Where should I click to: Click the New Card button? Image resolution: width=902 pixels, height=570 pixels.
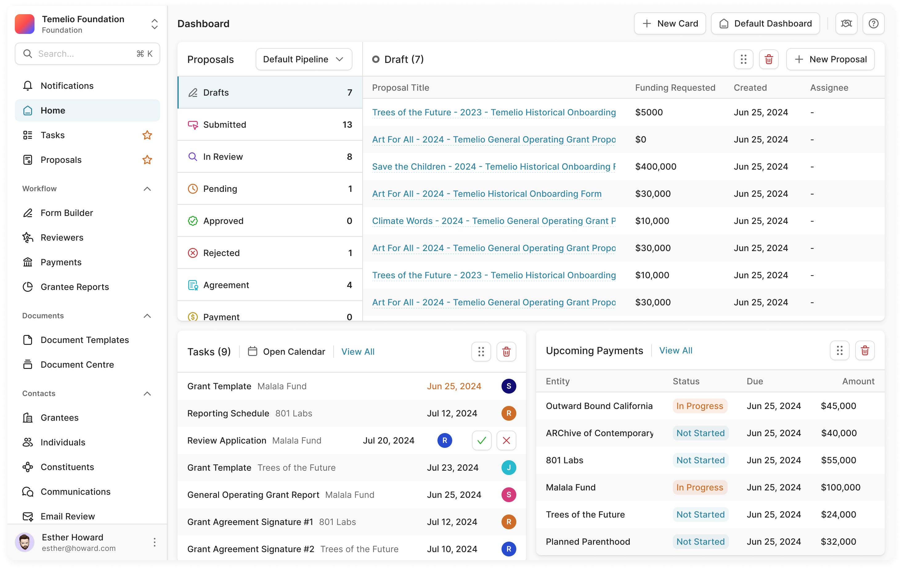coord(670,24)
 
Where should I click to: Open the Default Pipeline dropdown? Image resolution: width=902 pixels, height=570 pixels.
coord(303,59)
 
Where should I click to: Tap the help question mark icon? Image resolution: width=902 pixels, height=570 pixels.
coord(873,24)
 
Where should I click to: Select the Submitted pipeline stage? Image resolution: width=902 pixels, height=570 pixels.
coord(270,125)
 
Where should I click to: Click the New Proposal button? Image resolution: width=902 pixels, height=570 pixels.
coord(830,59)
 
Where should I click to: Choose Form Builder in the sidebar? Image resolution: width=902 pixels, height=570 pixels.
coord(67,213)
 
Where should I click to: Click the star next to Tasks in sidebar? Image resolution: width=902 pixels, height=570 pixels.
coord(147,135)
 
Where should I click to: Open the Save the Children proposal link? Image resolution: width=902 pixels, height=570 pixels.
coord(493,167)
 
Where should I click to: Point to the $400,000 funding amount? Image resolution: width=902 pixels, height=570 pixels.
coord(656,167)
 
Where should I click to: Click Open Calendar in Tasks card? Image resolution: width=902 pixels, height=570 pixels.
coord(286,352)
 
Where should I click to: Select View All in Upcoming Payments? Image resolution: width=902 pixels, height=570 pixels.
coord(675,351)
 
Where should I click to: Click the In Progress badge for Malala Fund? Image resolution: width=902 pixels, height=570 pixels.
coord(699,488)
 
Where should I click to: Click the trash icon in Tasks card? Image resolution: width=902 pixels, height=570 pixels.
coord(506,352)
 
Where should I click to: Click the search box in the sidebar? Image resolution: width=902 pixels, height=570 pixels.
coord(87,54)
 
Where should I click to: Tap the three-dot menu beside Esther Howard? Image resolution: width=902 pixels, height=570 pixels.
coord(154,542)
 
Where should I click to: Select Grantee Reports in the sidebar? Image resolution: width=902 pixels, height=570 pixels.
coord(75,287)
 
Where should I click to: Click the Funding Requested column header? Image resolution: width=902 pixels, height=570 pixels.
coord(675,88)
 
